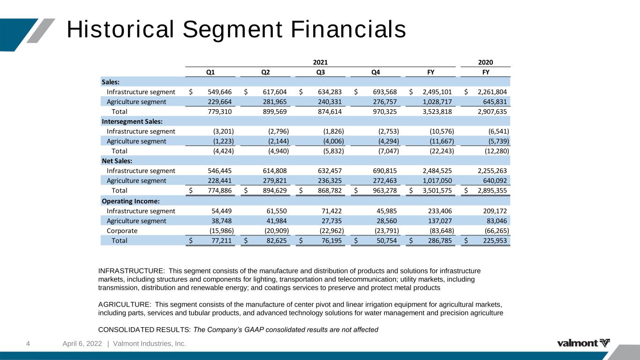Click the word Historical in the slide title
tap(120, 29)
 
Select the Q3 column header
tap(320, 72)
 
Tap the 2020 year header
tap(485, 62)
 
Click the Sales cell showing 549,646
tap(219, 92)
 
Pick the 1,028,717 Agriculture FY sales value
tap(437, 102)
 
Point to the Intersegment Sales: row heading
tap(132, 121)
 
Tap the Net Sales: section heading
tap(117, 161)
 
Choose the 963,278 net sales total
tap(384, 190)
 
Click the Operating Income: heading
tap(130, 201)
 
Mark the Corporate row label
tap(122, 231)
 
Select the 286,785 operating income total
tap(440, 240)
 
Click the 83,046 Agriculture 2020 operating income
tap(497, 221)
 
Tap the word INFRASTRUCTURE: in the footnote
tap(131, 271)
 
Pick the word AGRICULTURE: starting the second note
tap(125, 305)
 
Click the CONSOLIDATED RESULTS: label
tap(144, 330)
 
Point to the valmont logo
tap(583, 343)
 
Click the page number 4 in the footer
tap(28, 344)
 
